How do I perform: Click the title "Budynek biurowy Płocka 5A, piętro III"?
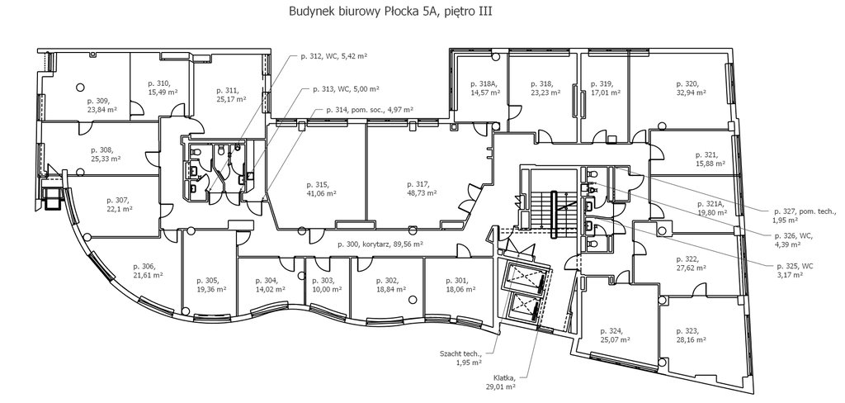[390, 12]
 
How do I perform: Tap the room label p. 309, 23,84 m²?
[101, 105]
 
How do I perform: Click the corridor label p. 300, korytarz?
[380, 244]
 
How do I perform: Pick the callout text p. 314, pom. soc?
[370, 110]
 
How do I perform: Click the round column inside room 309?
[80, 87]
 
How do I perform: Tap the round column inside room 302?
[413, 300]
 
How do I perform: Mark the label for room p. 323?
[688, 335]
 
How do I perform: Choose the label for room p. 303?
[327, 285]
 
